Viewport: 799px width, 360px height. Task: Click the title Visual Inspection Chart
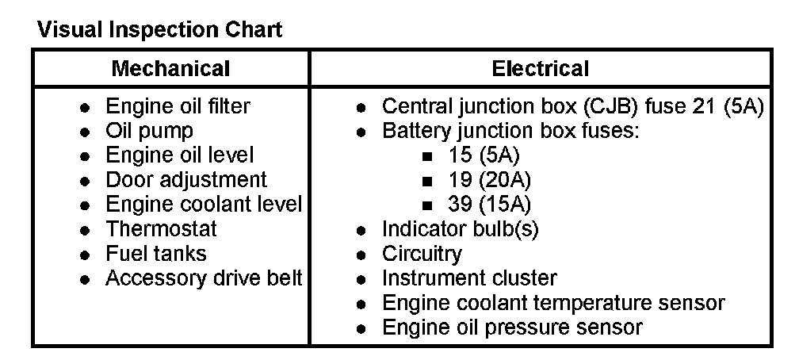tap(159, 31)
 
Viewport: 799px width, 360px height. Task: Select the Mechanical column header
tap(170, 68)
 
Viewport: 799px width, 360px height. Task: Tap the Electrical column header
tap(541, 68)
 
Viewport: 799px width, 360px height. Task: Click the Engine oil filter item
tap(178, 106)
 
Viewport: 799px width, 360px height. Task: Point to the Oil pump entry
tap(149, 131)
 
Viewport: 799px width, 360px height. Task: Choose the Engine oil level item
tap(180, 155)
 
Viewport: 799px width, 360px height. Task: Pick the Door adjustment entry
tap(186, 180)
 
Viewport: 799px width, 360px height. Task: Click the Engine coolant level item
tap(204, 205)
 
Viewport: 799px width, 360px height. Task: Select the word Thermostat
tap(161, 229)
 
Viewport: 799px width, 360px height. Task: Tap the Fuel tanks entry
tap(155, 254)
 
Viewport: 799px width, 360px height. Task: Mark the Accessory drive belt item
tap(204, 278)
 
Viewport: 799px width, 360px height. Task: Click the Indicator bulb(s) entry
tap(460, 229)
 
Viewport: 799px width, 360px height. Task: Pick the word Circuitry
tap(422, 254)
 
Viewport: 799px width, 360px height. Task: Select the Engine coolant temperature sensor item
tap(553, 303)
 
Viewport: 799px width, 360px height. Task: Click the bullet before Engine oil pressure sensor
tap(361, 327)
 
